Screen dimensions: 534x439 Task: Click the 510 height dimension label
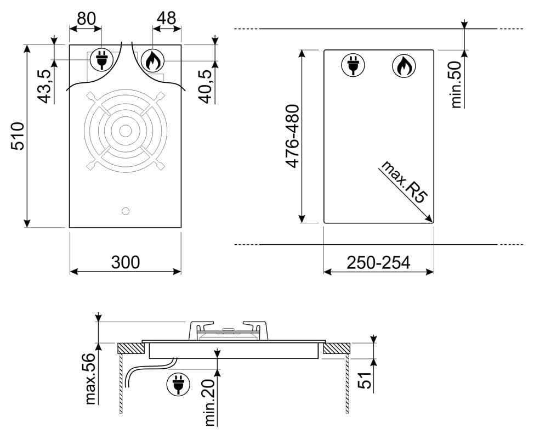click(18, 136)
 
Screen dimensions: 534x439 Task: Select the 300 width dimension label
click(126, 262)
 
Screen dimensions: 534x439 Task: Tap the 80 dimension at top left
click(86, 19)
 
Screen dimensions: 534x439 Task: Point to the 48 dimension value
click(167, 18)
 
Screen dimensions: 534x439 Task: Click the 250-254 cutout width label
click(378, 262)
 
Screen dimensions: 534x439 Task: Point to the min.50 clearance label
click(456, 85)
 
